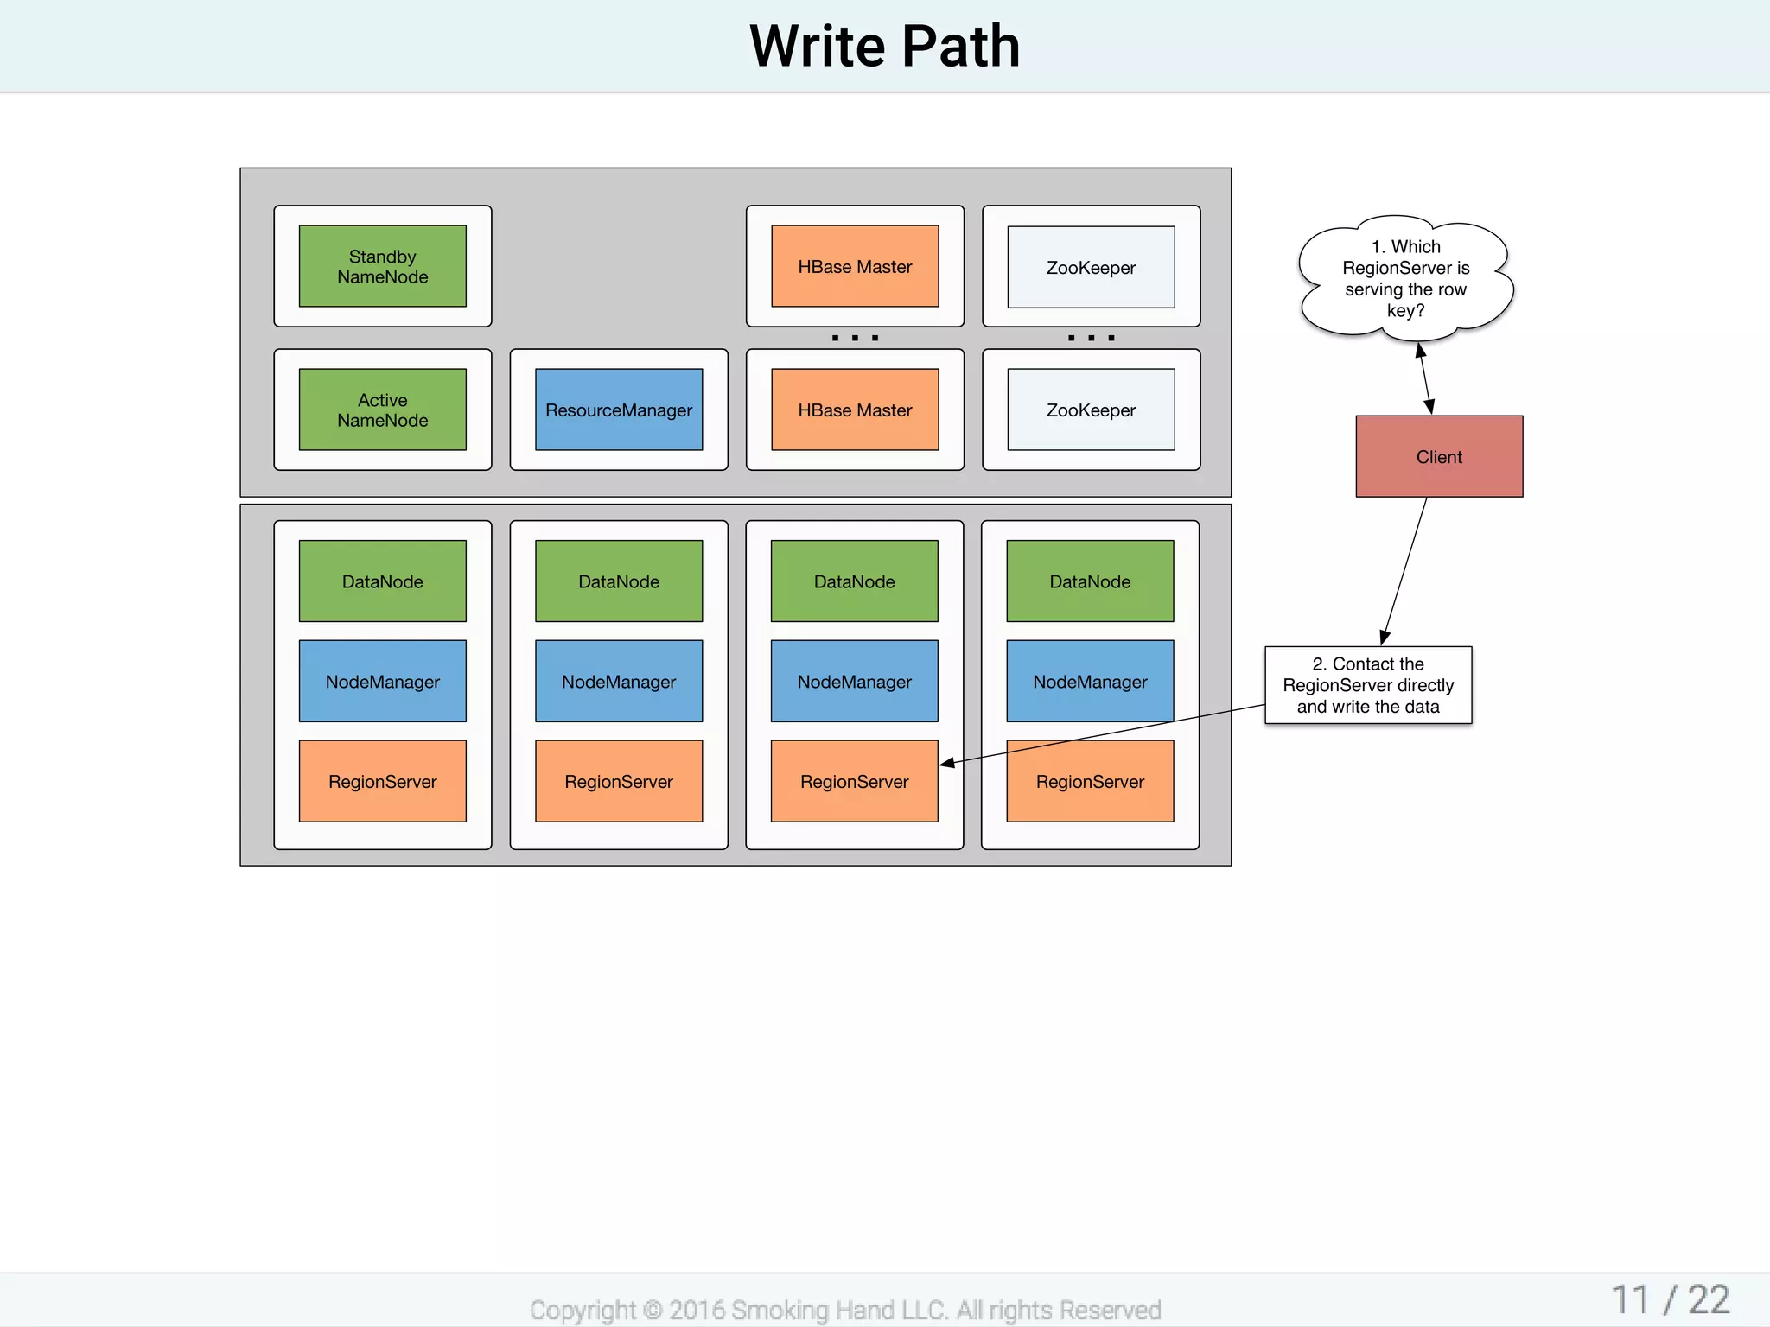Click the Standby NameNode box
[x=382, y=266]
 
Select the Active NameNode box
[x=382, y=410]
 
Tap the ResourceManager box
[x=619, y=410]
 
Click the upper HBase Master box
[x=855, y=266]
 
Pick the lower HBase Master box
[x=855, y=410]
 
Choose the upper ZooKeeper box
[x=1091, y=267]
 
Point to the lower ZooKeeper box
[x=1091, y=410]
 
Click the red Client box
[x=1439, y=456]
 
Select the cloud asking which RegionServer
[x=1405, y=278]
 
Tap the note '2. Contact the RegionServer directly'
[x=1368, y=685]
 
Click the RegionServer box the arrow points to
[x=854, y=781]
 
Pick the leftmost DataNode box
[x=382, y=581]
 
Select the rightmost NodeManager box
[x=1090, y=681]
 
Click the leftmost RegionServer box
[x=382, y=781]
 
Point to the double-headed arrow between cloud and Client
[x=1424, y=378]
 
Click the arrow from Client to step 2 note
[x=1405, y=570]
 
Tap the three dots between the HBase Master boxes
[x=855, y=338]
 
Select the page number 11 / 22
[x=1670, y=1299]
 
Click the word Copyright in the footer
[x=582, y=1310]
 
